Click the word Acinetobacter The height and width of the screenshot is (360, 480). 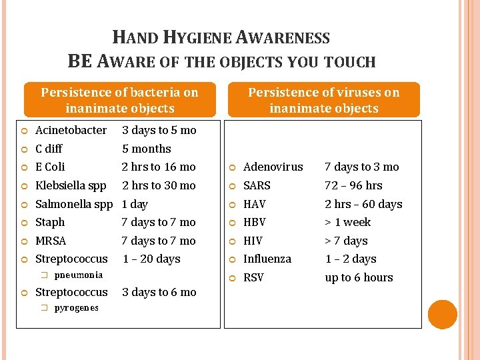click(71, 130)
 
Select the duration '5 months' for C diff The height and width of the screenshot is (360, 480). click(146, 149)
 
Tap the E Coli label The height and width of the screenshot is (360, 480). click(50, 167)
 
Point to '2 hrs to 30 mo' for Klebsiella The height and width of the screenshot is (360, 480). click(159, 185)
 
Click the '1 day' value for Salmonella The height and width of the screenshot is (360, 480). click(135, 204)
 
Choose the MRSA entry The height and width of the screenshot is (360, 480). click(51, 241)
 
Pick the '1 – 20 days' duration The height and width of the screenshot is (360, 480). click(151, 259)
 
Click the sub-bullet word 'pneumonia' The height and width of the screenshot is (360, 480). click(78, 275)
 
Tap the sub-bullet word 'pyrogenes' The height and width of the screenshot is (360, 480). click(76, 307)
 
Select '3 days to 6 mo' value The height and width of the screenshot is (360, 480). click(159, 292)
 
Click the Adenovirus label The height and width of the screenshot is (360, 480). click(273, 167)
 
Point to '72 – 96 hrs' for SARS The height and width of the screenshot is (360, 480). click(353, 185)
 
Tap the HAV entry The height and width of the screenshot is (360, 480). click(255, 204)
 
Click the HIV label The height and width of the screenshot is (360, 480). click(253, 241)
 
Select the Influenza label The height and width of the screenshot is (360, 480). click(267, 259)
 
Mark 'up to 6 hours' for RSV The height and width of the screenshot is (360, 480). click(359, 277)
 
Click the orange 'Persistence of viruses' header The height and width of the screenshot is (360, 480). click(323, 100)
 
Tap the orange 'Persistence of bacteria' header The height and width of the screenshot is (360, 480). click(120, 100)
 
